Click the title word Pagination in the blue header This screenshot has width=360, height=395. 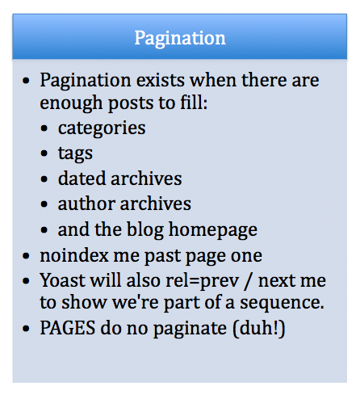(x=180, y=38)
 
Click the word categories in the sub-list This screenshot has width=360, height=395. (x=101, y=128)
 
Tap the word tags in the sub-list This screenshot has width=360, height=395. (x=75, y=153)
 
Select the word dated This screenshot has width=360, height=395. (x=82, y=178)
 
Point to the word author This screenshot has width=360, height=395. (x=86, y=204)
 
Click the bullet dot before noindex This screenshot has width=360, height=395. (x=28, y=256)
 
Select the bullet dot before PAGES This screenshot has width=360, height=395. (x=28, y=328)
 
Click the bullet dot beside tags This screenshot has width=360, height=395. (x=47, y=153)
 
